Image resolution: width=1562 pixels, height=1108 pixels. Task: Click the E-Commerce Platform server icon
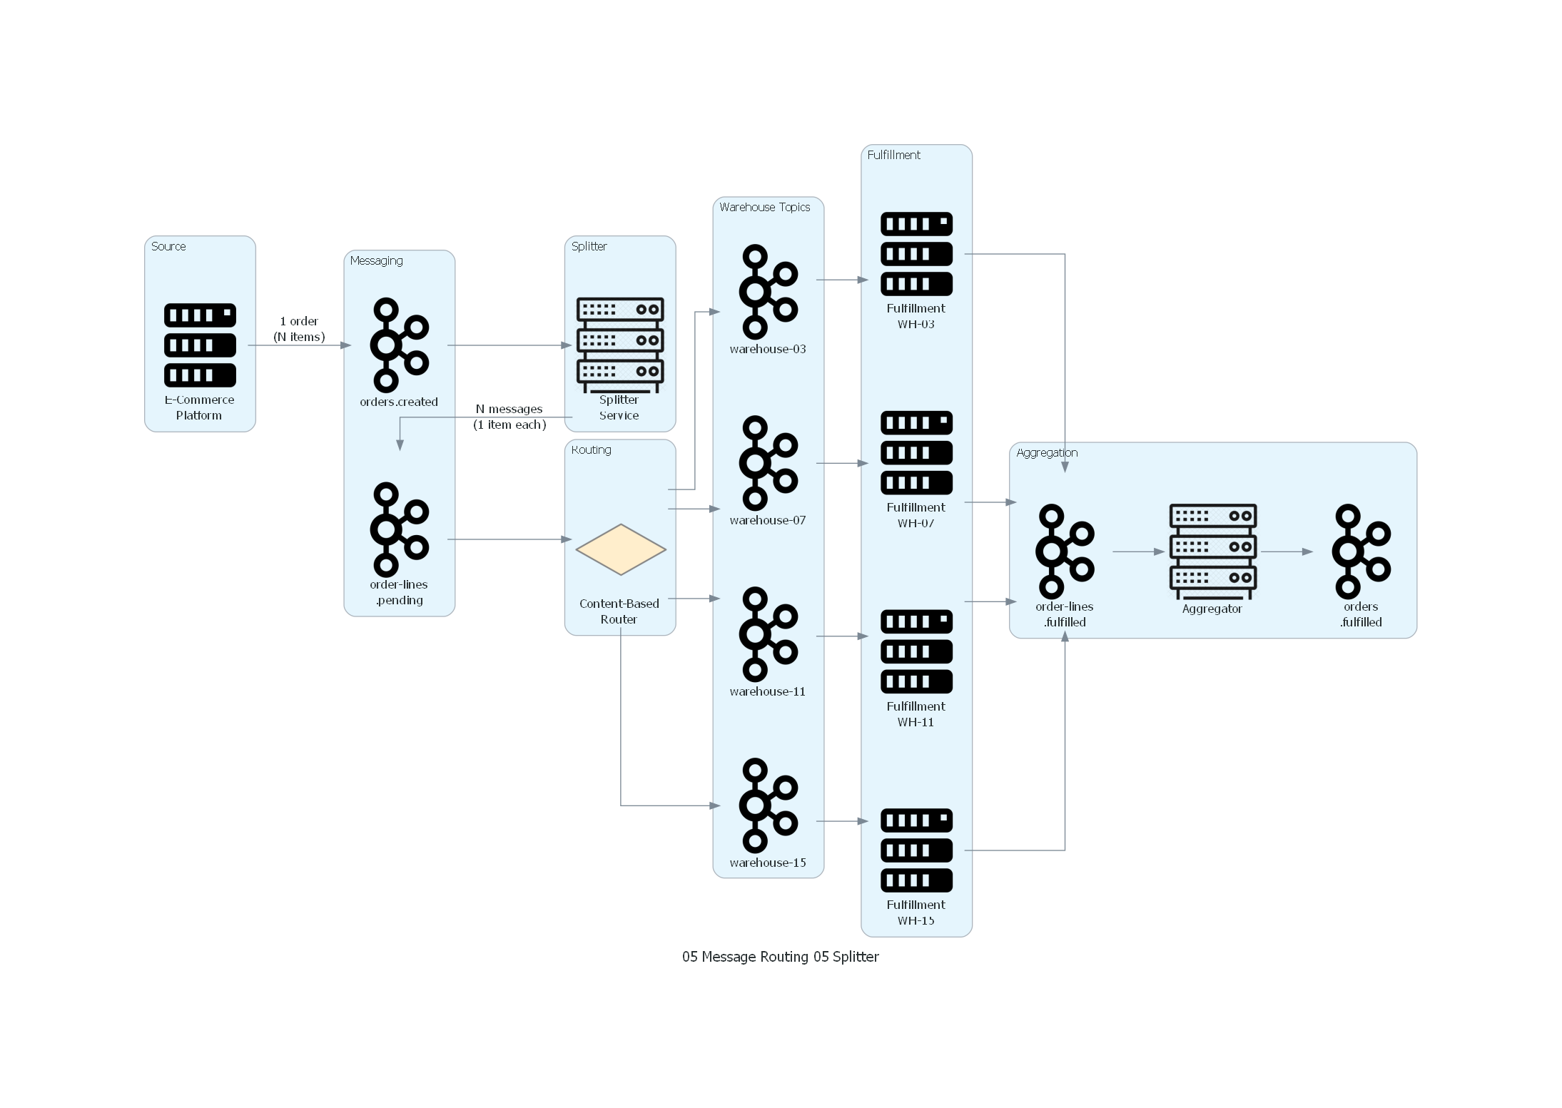200,345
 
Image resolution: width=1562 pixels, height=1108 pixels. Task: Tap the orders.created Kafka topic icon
399,345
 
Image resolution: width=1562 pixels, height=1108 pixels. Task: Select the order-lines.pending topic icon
399,529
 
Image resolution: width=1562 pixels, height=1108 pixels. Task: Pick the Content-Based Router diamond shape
620,549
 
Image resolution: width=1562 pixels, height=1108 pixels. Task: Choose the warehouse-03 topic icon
768,292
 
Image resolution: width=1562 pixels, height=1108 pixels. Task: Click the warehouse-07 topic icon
768,463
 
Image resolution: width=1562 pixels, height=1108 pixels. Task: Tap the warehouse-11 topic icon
768,634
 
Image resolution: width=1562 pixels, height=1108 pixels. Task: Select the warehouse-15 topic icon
768,805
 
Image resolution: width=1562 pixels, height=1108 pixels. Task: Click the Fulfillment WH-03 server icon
916,254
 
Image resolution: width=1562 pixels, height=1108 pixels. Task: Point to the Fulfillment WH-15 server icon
916,850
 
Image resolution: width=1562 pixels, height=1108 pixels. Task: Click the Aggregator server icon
1212,552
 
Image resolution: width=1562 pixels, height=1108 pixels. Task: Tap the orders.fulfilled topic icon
1361,552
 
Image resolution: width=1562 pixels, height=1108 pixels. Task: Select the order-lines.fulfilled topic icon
1065,552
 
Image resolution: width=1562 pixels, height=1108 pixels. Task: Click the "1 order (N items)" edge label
299,329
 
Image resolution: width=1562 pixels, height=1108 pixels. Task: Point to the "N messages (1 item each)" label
509,417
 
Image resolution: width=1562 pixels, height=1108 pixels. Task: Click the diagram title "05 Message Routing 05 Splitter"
780,957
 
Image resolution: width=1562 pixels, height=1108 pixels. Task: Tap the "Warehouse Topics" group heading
764,208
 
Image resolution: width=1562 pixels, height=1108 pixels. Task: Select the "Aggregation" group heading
1047,453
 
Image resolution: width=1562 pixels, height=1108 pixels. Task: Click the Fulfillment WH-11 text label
916,714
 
